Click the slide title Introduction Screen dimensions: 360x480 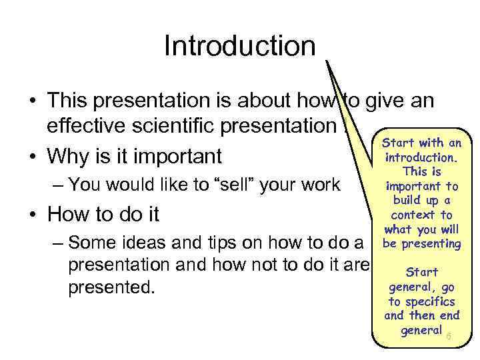coord(239,47)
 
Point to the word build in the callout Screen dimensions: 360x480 coord(409,201)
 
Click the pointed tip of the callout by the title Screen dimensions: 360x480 coord(327,60)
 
